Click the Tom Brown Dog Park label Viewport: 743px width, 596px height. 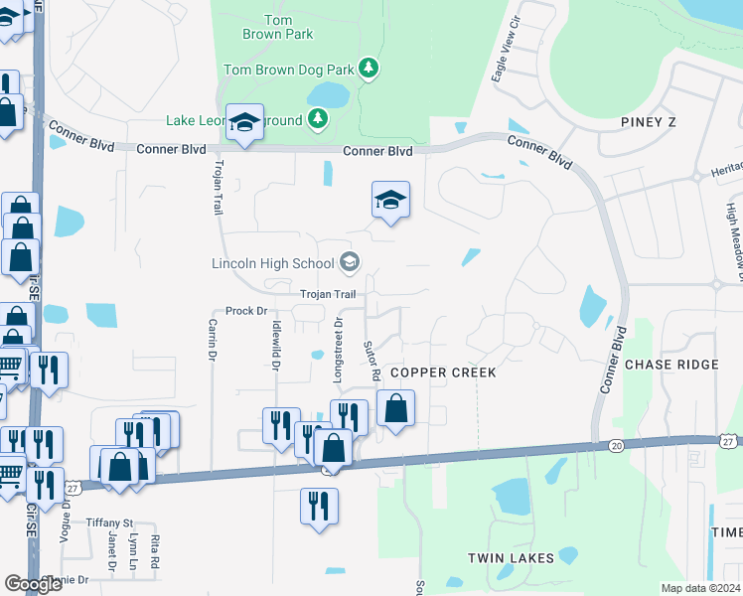[288, 70]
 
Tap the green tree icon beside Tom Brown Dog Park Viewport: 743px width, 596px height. [369, 68]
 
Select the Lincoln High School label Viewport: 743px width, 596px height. [272, 263]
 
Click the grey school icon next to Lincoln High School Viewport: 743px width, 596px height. [349, 262]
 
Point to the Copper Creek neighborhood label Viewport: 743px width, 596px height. [442, 372]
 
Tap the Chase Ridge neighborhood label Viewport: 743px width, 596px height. [671, 365]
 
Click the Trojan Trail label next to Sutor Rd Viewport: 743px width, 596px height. [328, 294]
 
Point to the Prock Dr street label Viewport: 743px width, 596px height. [247, 311]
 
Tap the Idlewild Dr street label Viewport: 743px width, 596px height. [275, 345]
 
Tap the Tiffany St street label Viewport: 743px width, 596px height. [109, 522]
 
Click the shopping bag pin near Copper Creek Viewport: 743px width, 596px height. [395, 408]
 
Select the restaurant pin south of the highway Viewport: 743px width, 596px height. [319, 506]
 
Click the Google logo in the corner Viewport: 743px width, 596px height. [34, 584]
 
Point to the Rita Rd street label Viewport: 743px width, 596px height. [155, 551]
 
